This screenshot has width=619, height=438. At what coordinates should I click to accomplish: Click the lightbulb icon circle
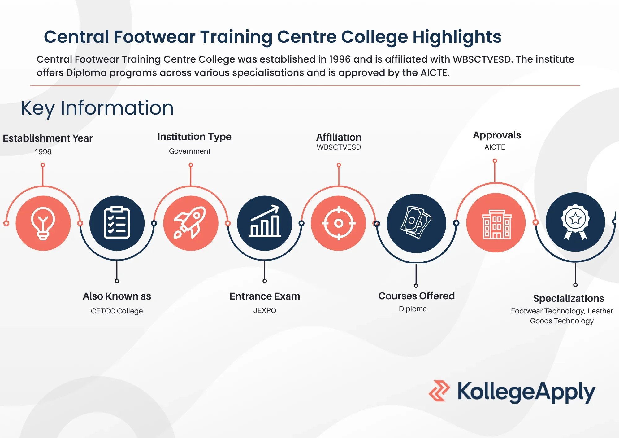tap(43, 223)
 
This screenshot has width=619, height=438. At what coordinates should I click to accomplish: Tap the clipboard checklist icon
tap(117, 223)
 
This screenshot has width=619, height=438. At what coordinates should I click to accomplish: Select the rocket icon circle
tap(191, 223)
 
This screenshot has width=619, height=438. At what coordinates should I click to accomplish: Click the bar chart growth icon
tap(265, 223)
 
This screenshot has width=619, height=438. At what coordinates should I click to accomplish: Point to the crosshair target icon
tap(339, 223)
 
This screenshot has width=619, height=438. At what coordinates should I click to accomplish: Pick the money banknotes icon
tap(416, 223)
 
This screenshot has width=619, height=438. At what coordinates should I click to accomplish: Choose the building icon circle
tap(496, 223)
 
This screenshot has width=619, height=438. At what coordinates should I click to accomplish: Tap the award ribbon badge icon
tap(575, 222)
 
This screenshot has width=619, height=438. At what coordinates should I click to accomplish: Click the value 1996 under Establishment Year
tap(43, 152)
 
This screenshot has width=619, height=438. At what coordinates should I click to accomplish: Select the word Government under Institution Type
tap(189, 151)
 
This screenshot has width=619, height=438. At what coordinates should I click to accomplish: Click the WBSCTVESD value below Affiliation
tap(339, 147)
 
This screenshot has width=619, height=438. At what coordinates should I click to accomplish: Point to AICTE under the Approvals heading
tap(495, 147)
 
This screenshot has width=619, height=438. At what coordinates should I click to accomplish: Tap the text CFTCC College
tap(117, 311)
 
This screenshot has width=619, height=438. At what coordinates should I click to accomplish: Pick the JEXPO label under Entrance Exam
tap(265, 310)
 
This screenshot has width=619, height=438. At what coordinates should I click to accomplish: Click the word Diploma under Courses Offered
tap(413, 309)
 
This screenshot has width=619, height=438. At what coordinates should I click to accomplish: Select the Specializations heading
tap(568, 298)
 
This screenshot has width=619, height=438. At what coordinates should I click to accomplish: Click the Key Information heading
tap(97, 108)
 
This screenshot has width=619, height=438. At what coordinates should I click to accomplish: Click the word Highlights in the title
tap(457, 37)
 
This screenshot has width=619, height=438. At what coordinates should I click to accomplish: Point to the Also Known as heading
tap(117, 296)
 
